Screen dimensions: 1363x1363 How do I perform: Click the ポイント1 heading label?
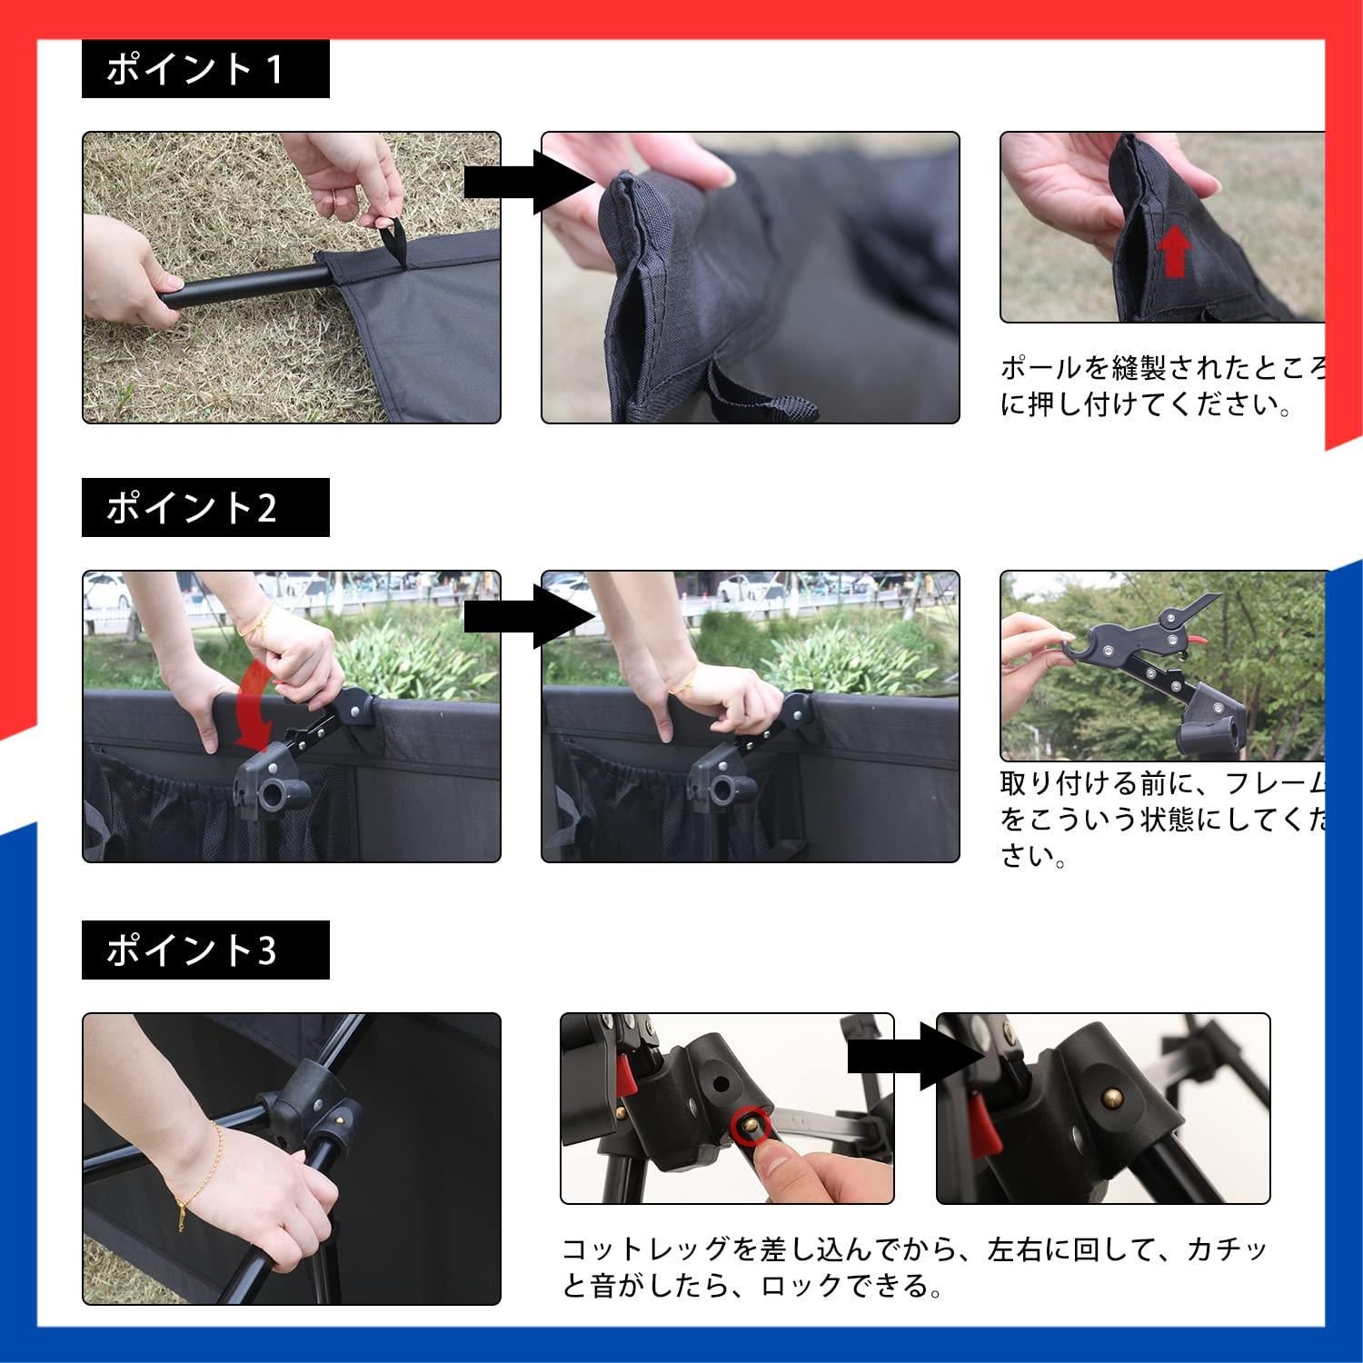pos(204,69)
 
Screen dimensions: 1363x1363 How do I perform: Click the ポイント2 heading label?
pos(204,508)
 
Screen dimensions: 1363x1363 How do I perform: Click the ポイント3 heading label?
pos(204,950)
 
